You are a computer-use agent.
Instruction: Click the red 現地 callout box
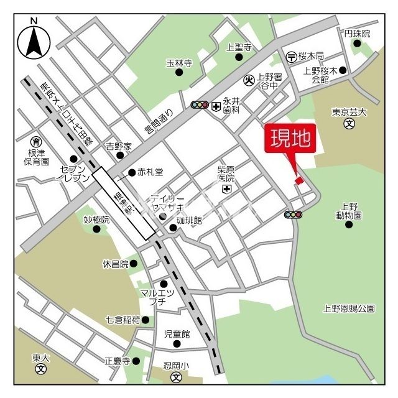[x=290, y=139]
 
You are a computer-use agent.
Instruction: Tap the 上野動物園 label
[x=349, y=211]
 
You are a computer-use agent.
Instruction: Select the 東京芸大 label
[x=349, y=113]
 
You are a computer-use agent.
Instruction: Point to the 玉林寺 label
[x=178, y=63]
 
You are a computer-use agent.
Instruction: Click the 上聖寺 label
[x=239, y=47]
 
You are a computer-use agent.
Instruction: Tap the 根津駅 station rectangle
[x=124, y=203]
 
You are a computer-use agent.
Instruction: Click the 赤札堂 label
[x=150, y=172]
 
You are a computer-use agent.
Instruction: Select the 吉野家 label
[x=118, y=147]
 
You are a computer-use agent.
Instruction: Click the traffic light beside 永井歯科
[x=200, y=105]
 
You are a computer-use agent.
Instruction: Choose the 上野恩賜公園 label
[x=349, y=308]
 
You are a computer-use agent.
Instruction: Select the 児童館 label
[x=176, y=334]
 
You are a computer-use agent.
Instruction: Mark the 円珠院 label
[x=357, y=34]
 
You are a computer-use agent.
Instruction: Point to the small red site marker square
[x=299, y=180]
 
